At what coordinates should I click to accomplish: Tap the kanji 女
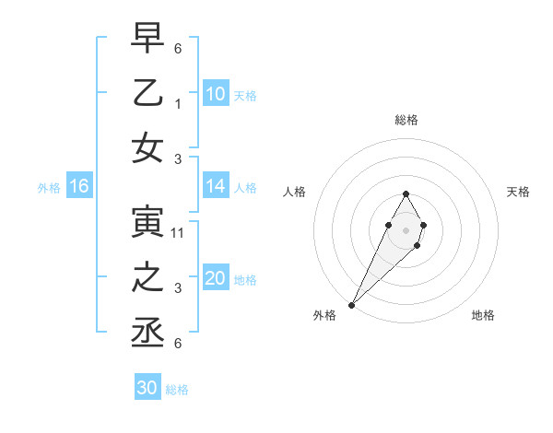click(x=147, y=149)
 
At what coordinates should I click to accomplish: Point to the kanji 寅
click(x=147, y=221)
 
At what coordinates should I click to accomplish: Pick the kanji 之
click(x=147, y=277)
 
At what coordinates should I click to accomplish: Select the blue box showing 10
click(x=216, y=94)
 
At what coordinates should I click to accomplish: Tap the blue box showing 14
click(x=216, y=187)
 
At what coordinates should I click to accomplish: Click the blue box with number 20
click(x=216, y=279)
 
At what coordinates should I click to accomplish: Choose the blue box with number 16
click(x=79, y=187)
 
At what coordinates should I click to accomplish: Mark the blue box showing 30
click(x=147, y=389)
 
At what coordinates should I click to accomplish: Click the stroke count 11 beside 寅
click(x=178, y=233)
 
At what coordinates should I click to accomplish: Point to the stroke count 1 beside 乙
click(x=178, y=104)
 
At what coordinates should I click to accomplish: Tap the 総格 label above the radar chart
click(x=406, y=120)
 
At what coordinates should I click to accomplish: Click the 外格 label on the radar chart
click(x=324, y=315)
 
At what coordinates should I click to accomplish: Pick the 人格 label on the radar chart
click(x=295, y=192)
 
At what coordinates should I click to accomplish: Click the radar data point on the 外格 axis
click(x=351, y=304)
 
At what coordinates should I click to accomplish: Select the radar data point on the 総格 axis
click(x=406, y=193)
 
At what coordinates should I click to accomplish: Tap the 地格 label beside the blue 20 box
click(x=246, y=280)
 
